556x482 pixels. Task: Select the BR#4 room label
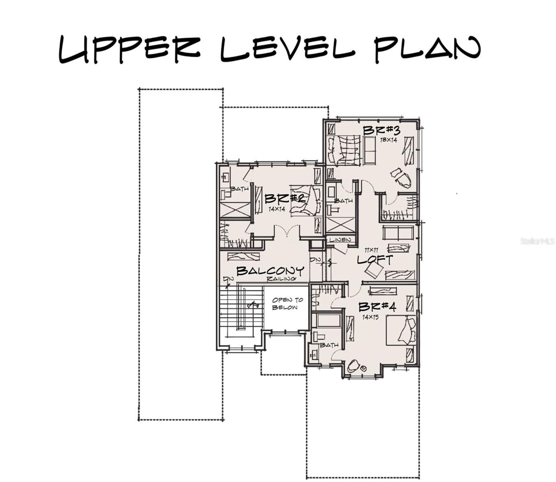pos(377,307)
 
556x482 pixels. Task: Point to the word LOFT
pos(374,259)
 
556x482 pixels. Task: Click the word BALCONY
pos(270,271)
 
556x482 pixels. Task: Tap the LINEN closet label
pos(340,240)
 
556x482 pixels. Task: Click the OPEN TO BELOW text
pos(288,304)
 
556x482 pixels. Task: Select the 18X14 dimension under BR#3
pos(388,140)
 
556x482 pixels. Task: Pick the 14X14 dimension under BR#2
pos(277,209)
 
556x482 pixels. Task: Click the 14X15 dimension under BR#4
pos(371,317)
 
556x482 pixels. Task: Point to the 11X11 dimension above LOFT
pos(371,250)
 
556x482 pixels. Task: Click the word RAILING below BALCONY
pos(281,279)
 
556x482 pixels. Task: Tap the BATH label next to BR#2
pos(239,188)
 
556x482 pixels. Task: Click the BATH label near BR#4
pos(329,345)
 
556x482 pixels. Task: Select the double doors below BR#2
pos(286,233)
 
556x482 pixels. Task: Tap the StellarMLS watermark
pos(538,241)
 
